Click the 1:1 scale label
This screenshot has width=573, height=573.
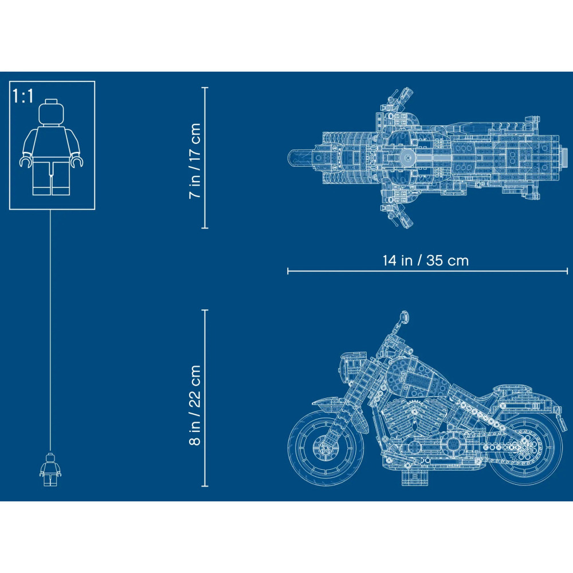pos(23,96)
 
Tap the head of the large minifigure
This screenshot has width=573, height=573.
pos(52,112)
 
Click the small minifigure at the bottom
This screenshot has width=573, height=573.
pos(50,470)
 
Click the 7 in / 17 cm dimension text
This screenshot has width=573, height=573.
pos(195,160)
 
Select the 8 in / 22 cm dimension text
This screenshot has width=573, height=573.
pos(195,405)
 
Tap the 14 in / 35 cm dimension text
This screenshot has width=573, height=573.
pos(425,261)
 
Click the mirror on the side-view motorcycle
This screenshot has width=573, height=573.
pos(403,316)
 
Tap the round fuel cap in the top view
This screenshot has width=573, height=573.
pos(407,158)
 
